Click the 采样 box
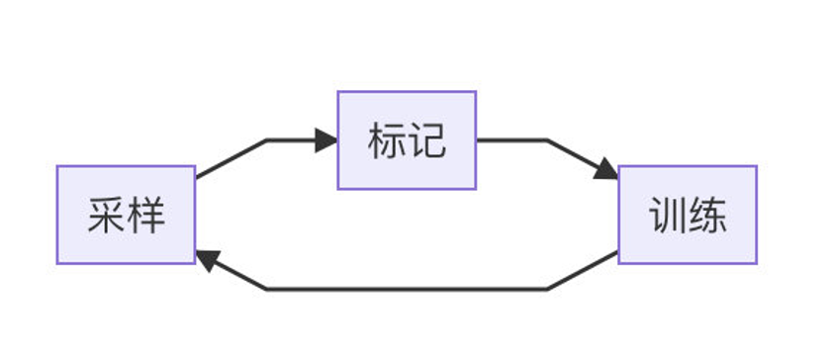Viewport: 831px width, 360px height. pyautogui.click(x=126, y=215)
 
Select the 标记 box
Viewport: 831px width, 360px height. pyautogui.click(x=407, y=140)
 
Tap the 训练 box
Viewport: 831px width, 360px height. pyautogui.click(x=688, y=215)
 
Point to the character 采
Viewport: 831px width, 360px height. pyautogui.click(x=106, y=216)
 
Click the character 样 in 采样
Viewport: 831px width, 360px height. pyautogui.click(x=145, y=216)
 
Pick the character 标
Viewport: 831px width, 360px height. pyautogui.click(x=387, y=141)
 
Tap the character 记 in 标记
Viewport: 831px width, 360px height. pyautogui.click(x=426, y=141)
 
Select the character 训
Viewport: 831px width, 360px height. pyautogui.click(x=668, y=216)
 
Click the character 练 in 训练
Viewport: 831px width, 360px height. pyautogui.click(x=707, y=216)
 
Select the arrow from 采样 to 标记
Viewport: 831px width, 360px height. pyautogui.click(x=267, y=140)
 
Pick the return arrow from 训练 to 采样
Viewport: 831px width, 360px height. pyautogui.click(x=407, y=289)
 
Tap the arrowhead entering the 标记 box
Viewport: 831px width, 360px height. pyautogui.click(x=327, y=140)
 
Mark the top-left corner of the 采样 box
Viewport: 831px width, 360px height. pyautogui.click(x=57, y=166)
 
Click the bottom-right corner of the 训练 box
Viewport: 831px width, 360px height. pyautogui.click(x=756, y=263)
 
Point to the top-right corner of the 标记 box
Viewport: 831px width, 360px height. pyautogui.click(x=476, y=92)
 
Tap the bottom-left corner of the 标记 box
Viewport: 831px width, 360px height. pyautogui.click(x=338, y=188)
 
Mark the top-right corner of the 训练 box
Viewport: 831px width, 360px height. pyautogui.click(x=756, y=166)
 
